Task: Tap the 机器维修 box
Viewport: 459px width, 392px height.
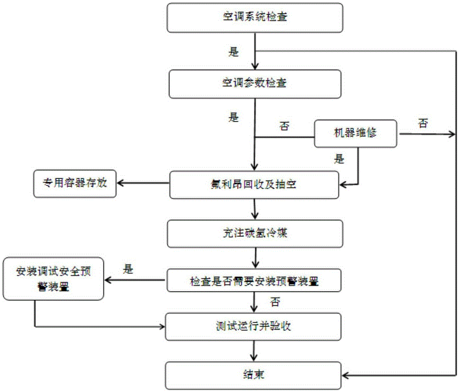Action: [356, 133]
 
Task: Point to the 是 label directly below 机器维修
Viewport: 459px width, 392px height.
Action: [340, 160]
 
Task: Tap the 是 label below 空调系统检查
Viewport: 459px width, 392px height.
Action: [234, 52]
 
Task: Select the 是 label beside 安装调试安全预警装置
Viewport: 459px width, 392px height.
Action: [128, 269]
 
